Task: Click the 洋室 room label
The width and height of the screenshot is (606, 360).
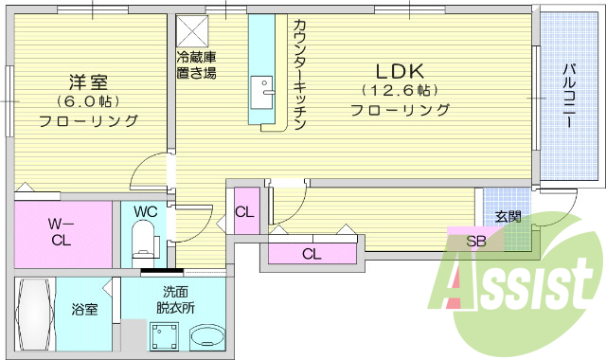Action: [x=90, y=81]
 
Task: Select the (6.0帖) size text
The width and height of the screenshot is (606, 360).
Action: [x=89, y=101]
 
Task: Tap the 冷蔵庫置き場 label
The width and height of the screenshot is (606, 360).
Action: [x=195, y=64]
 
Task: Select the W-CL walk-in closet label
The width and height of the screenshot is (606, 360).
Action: [x=61, y=232]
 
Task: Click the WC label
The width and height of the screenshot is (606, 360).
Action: [x=145, y=210]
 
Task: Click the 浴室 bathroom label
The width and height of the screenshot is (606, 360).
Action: [x=85, y=309]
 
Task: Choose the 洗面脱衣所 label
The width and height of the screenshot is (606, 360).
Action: [x=176, y=300]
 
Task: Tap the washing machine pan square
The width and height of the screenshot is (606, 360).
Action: [x=166, y=336]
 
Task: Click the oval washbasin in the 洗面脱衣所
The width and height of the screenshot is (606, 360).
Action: [x=206, y=336]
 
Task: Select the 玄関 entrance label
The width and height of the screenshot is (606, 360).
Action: [x=508, y=216]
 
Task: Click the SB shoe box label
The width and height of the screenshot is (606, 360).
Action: [x=476, y=241]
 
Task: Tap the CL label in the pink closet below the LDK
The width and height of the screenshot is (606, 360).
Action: [x=312, y=253]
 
